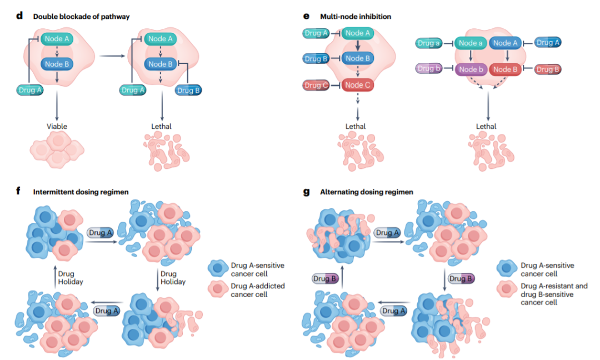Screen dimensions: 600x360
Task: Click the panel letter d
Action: pyautogui.click(x=19, y=16)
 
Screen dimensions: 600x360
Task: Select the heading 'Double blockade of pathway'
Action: pyautogui.click(x=81, y=17)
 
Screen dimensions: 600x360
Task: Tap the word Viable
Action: pyautogui.click(x=57, y=126)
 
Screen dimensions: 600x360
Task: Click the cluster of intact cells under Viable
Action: pyautogui.click(x=57, y=149)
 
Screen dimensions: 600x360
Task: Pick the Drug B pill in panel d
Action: pyautogui.click(x=188, y=91)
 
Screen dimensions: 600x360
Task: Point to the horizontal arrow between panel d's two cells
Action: pyautogui.click(x=112, y=56)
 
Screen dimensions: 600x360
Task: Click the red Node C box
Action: pyautogui.click(x=358, y=85)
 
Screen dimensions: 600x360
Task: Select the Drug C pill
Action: pyautogui.click(x=316, y=86)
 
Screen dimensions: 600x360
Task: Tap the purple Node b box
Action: pyautogui.click(x=471, y=69)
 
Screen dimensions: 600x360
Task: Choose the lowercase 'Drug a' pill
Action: pyautogui.click(x=428, y=43)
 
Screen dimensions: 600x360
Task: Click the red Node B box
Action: pyautogui.click(x=505, y=69)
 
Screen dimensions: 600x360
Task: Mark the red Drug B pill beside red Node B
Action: pyautogui.click(x=548, y=69)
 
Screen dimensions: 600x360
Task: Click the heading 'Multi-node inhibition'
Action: pyautogui.click(x=356, y=17)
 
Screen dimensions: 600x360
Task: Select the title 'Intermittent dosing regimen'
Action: pyautogui.click(x=81, y=192)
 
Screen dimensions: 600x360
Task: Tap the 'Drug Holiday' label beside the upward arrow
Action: pyautogui.click(x=71, y=278)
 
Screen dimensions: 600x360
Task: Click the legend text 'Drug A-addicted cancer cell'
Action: pyautogui.click(x=258, y=290)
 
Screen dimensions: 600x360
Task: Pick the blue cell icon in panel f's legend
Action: pyautogui.click(x=218, y=268)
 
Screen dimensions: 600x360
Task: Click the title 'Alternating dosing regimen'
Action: pyautogui.click(x=367, y=192)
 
